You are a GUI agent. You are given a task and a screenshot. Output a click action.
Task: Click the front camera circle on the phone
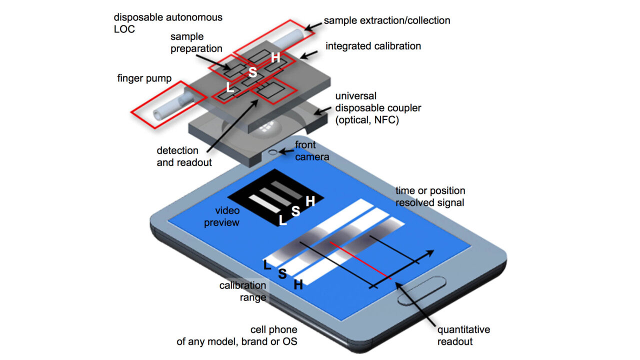point(273,151)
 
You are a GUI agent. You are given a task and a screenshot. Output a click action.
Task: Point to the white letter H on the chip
point(275,57)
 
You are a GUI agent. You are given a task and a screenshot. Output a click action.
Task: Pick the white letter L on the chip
point(230,87)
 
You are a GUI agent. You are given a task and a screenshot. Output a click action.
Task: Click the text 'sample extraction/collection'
point(386,20)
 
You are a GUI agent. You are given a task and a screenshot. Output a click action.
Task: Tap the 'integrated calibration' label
point(373,46)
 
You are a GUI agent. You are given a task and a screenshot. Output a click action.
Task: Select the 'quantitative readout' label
point(463,335)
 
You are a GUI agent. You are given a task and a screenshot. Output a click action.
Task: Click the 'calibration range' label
point(242,291)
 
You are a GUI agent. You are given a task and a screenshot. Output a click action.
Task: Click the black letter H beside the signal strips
point(298,285)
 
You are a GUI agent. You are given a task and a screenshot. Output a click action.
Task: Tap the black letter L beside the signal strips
point(267,265)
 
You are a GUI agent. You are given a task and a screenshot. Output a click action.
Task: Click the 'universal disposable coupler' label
point(378,108)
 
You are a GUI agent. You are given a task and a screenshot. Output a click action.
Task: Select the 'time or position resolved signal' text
point(430,196)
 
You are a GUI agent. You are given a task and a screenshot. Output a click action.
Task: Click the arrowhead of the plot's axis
point(429,254)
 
